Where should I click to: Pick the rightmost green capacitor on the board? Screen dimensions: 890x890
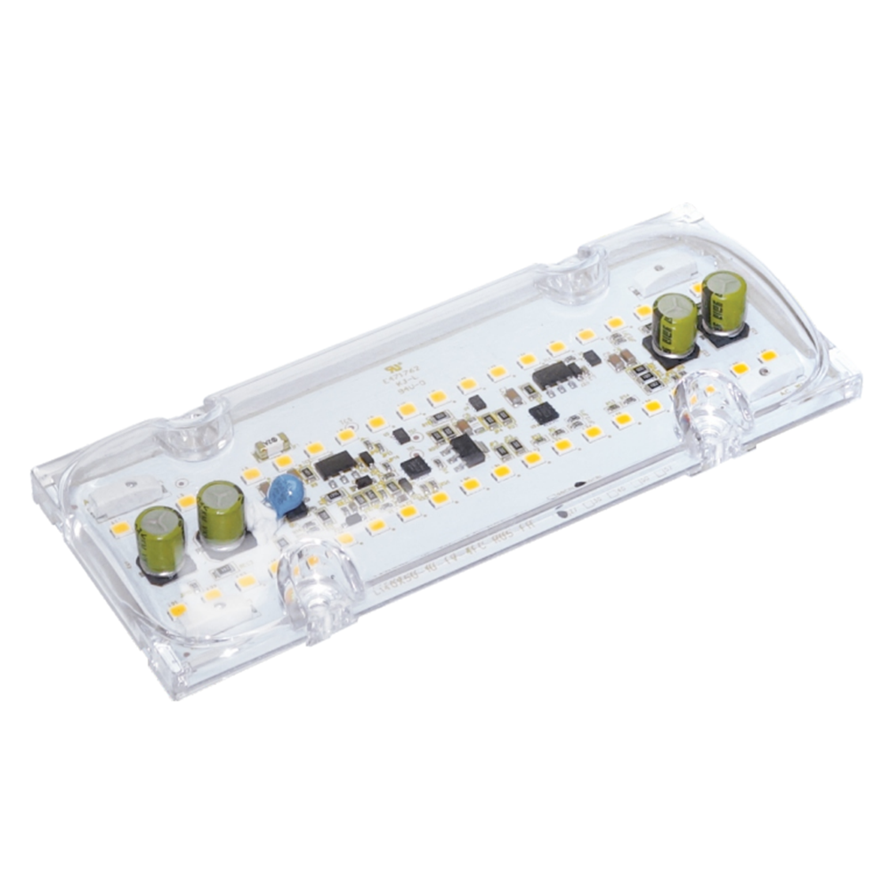724,303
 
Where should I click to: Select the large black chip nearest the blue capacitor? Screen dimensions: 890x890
336,464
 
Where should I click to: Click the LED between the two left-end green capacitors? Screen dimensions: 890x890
187,503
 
